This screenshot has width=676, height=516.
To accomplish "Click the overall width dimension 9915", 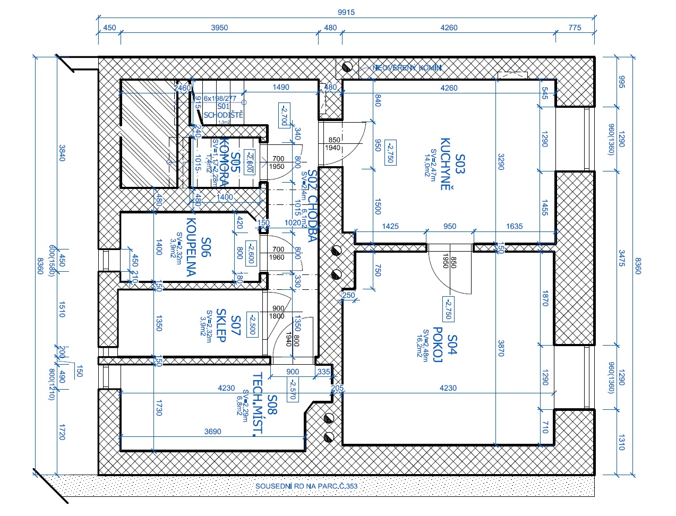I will tap(346, 12).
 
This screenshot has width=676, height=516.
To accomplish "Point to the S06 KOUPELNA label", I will tap(199, 247).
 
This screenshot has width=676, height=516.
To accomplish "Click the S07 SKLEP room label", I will tap(228, 325).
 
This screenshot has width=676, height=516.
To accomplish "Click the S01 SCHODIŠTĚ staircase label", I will tap(223, 110).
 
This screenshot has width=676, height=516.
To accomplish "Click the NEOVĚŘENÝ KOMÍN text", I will tap(407, 68).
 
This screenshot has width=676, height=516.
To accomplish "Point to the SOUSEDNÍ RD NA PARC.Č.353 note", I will tap(306, 486).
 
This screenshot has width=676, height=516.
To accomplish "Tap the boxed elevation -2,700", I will tap(283, 115).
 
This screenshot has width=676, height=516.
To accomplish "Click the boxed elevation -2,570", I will tap(292, 389).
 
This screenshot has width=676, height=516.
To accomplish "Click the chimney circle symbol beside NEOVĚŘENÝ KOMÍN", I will tap(348, 67).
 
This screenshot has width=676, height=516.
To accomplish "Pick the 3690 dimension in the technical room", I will tap(212, 432).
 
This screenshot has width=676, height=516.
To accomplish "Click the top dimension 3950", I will tap(219, 28).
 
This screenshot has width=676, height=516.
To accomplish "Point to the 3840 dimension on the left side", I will tap(62, 152).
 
